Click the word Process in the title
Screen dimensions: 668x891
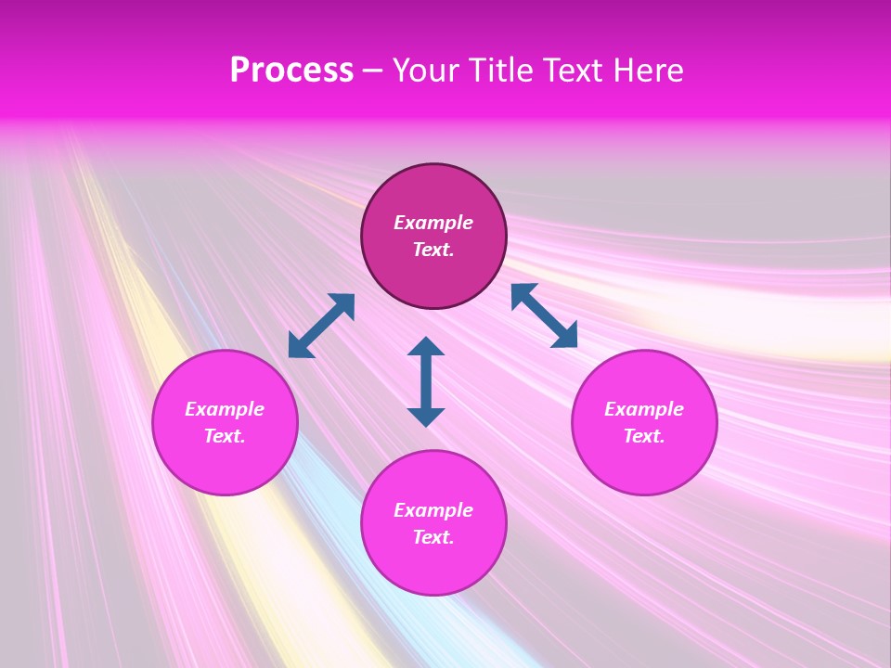[291, 71]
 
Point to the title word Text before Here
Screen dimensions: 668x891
[575, 71]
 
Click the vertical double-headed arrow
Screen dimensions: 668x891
[426, 381]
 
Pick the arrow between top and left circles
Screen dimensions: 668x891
[321, 326]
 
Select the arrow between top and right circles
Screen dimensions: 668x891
[544, 315]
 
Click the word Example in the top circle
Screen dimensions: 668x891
[433, 223]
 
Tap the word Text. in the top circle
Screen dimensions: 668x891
[433, 250]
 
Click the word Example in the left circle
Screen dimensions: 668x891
[225, 409]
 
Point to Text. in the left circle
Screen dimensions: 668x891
[225, 436]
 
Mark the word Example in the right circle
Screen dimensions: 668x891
[644, 409]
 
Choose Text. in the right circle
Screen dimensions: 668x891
[644, 436]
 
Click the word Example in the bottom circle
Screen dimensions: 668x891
[433, 510]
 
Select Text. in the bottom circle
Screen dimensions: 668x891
[433, 537]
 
